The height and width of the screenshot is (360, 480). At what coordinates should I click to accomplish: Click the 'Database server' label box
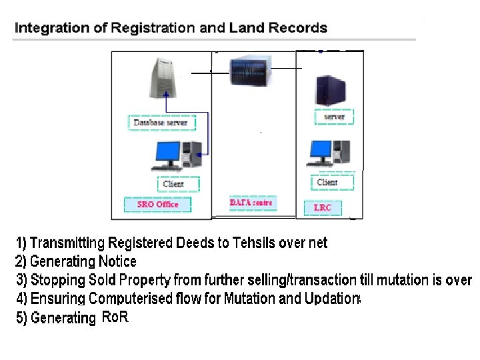161,123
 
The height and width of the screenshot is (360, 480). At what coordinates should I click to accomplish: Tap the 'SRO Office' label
157,205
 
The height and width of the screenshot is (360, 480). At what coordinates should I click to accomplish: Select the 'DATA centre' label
251,203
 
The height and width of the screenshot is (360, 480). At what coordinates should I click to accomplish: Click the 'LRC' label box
322,208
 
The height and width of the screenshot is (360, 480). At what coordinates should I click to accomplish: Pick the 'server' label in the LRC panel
334,117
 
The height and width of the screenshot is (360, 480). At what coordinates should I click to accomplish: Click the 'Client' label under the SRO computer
173,183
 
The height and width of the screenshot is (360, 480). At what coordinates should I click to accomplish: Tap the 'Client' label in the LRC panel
327,182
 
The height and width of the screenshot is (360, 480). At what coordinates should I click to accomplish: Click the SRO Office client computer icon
177,155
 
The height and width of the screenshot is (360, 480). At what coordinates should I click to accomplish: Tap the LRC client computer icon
329,153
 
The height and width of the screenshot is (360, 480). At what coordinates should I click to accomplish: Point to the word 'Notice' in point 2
117,261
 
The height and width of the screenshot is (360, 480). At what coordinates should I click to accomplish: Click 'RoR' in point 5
114,317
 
